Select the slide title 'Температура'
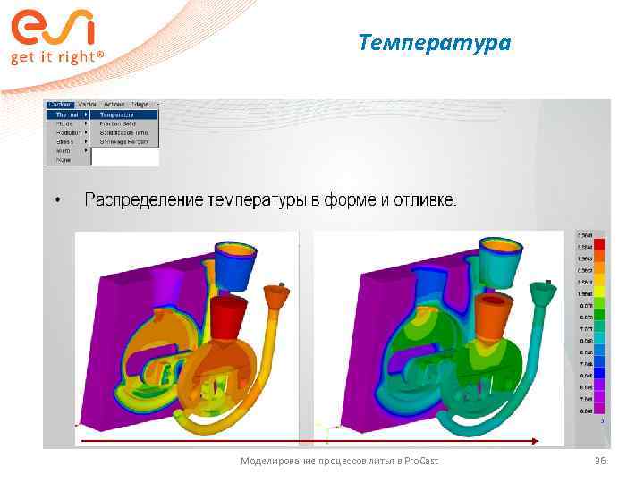tap(434, 42)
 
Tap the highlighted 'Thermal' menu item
tap(67, 114)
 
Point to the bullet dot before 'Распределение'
tap(57, 200)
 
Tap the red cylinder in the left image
tap(230, 313)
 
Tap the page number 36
tap(599, 461)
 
